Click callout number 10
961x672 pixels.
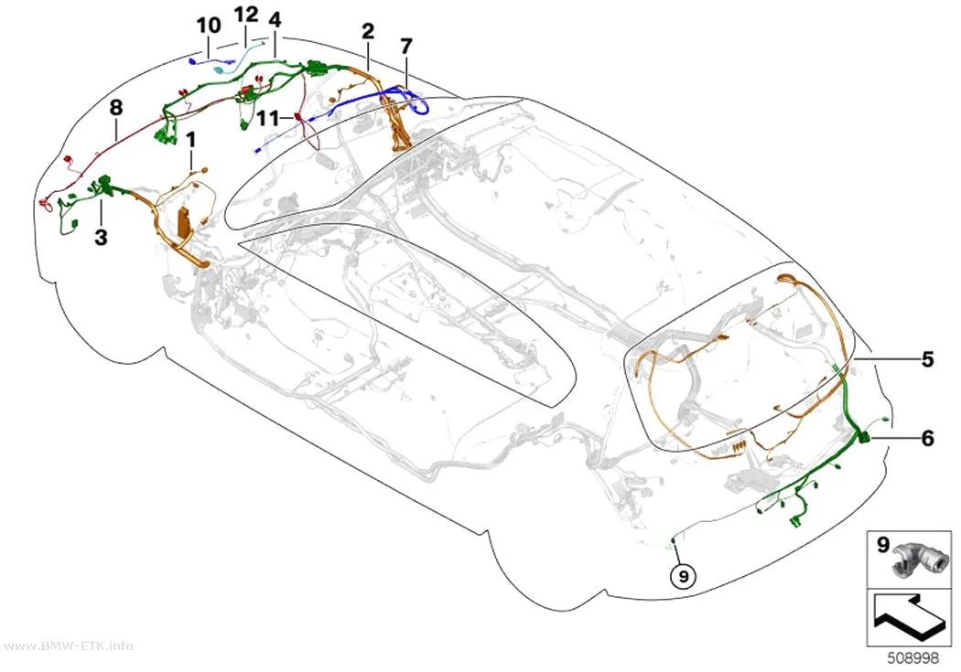click(209, 26)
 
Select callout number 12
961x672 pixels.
click(246, 15)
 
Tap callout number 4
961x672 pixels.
click(275, 20)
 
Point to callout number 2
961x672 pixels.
click(368, 30)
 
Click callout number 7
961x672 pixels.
click(406, 46)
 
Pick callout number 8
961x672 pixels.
click(116, 108)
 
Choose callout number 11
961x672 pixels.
click(268, 118)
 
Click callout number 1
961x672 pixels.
click(191, 140)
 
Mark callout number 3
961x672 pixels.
click(101, 237)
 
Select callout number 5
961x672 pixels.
click(927, 359)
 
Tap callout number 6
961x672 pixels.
click(927, 438)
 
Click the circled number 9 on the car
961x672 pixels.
click(684, 575)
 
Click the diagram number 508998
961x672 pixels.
click(913, 658)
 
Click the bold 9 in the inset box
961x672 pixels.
click(882, 544)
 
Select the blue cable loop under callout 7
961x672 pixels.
click(418, 102)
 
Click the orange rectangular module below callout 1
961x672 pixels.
click(183, 222)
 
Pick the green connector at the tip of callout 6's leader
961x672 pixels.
click(863, 437)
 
